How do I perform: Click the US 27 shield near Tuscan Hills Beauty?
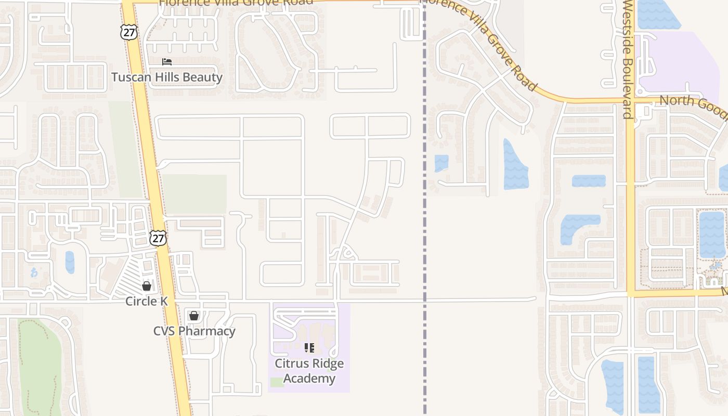click(x=128, y=32)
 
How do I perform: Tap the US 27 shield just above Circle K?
click(x=158, y=238)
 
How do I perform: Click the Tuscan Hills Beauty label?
click(x=167, y=77)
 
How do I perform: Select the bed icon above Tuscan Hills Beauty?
click(x=167, y=62)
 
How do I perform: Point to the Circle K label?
click(x=146, y=302)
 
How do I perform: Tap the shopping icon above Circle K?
click(x=147, y=285)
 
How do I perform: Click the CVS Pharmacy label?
click(x=194, y=331)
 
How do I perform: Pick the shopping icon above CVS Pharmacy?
click(x=194, y=315)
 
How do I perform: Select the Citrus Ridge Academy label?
click(x=309, y=371)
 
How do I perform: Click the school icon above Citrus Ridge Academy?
click(x=309, y=347)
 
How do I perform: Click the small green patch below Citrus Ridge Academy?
click(x=277, y=382)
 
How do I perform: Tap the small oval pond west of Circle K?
click(x=70, y=262)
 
